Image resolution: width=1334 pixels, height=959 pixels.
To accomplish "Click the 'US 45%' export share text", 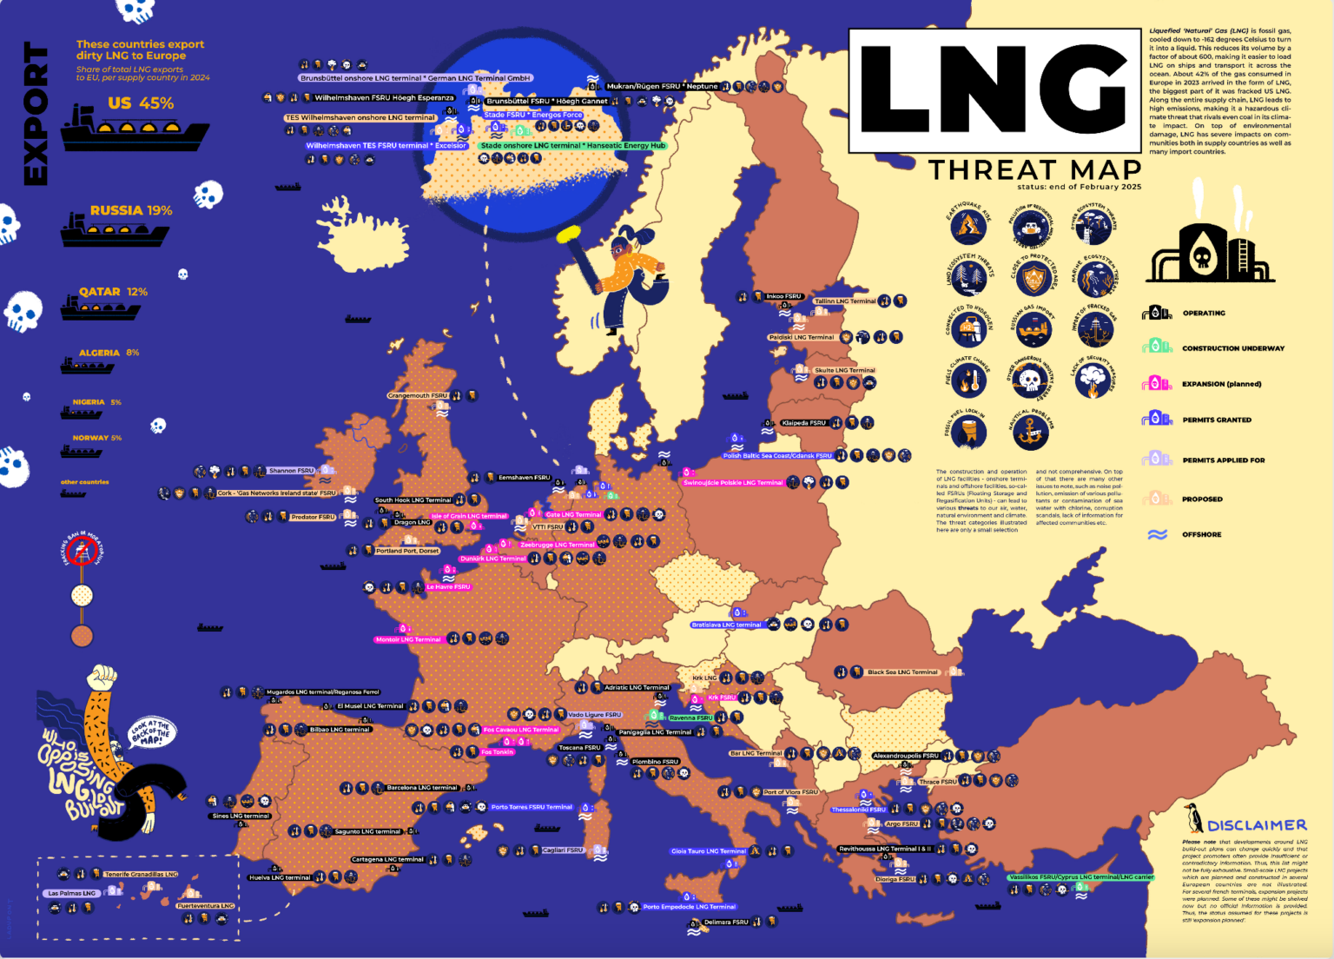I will (141, 103).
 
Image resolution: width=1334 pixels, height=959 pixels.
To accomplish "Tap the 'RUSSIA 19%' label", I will (131, 210).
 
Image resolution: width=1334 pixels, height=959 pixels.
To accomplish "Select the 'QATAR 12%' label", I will (113, 292).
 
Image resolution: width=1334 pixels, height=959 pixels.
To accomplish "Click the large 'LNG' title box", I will (994, 90).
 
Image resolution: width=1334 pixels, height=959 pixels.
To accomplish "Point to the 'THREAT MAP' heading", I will (1034, 169).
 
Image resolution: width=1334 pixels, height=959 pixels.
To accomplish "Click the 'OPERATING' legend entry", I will (1203, 313).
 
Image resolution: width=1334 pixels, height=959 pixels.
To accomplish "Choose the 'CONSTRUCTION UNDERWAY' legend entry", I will (1232, 348).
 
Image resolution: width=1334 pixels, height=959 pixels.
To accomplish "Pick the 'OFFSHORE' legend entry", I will (1201, 534).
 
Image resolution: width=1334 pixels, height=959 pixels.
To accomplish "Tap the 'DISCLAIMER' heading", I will (1257, 825).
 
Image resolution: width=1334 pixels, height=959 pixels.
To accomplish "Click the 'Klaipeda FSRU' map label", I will (804, 423).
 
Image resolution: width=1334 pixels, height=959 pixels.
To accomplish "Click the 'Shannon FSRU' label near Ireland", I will (291, 471).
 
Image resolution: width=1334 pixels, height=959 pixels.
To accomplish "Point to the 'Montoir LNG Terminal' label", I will (407, 640).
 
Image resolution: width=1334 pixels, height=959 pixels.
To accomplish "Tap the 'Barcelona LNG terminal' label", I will (421, 788).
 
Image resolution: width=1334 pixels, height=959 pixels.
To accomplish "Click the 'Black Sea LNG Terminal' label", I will (902, 672).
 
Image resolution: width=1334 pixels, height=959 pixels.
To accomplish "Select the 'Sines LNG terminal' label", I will (241, 816).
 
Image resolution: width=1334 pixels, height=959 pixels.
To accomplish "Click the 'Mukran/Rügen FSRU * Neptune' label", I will (662, 86).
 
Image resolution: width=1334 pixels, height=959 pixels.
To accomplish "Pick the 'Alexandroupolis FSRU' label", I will (905, 756).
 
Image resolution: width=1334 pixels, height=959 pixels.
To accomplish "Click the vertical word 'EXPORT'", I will (35, 114).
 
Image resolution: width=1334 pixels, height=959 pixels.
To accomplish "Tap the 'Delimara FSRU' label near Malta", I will (726, 923).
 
